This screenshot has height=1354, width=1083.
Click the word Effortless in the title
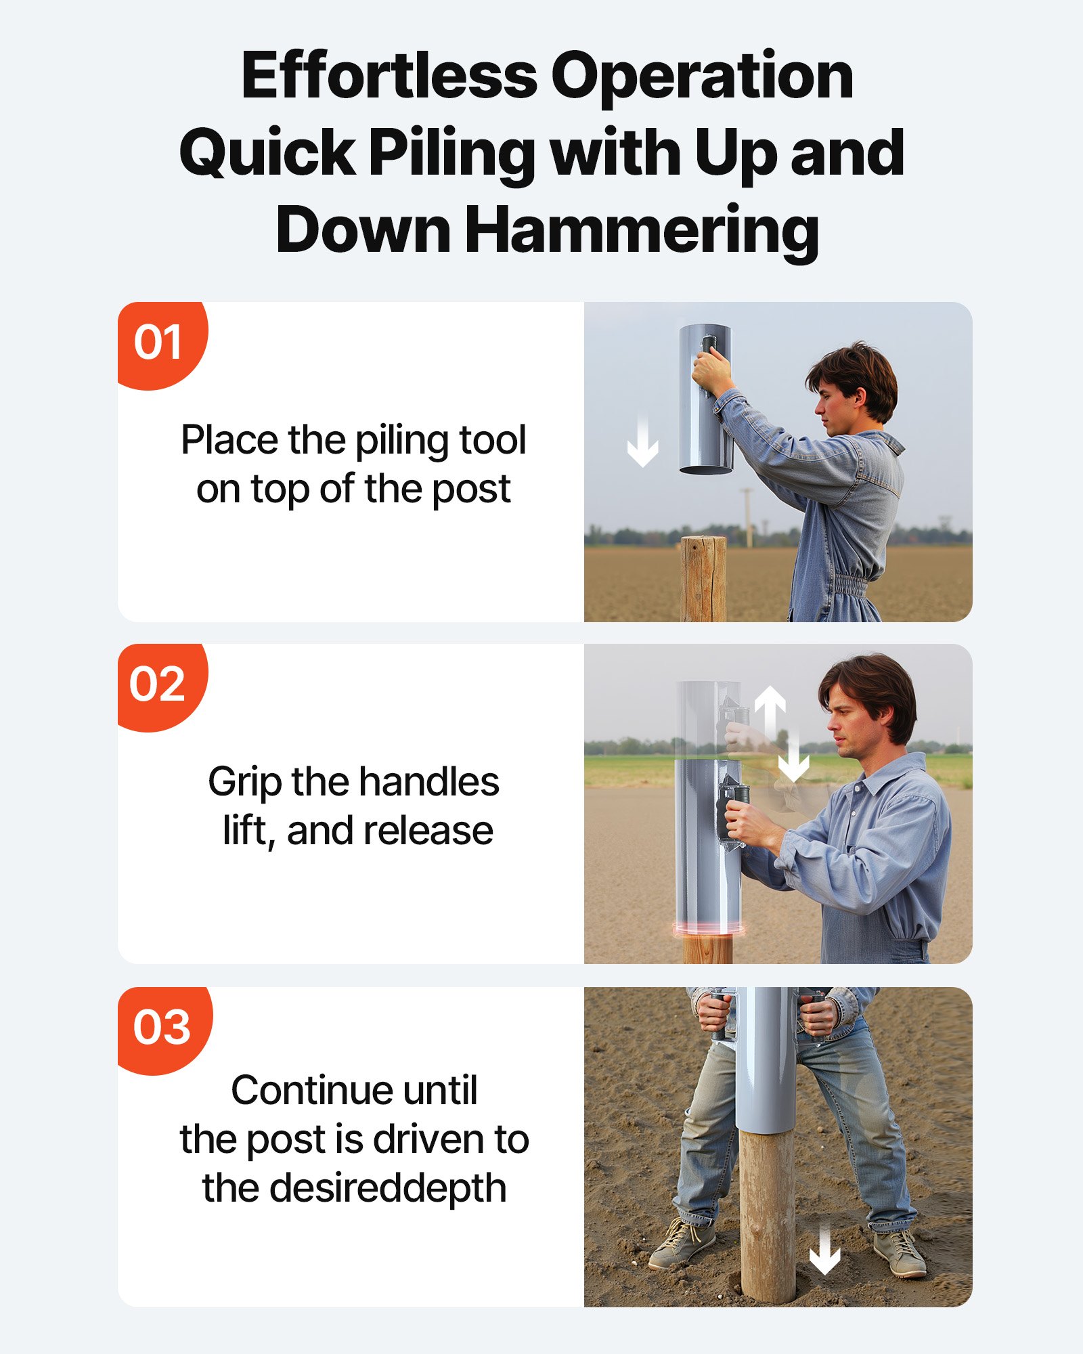point(389,76)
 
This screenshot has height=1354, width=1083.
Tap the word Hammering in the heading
point(642,230)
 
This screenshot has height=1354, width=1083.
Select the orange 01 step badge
point(159,343)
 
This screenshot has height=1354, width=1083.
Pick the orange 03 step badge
point(162,1028)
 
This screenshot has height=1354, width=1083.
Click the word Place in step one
point(229,441)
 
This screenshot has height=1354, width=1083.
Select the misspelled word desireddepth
point(388,1189)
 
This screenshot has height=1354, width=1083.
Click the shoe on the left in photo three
point(682,1243)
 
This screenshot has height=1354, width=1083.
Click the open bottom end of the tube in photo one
point(706,468)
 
